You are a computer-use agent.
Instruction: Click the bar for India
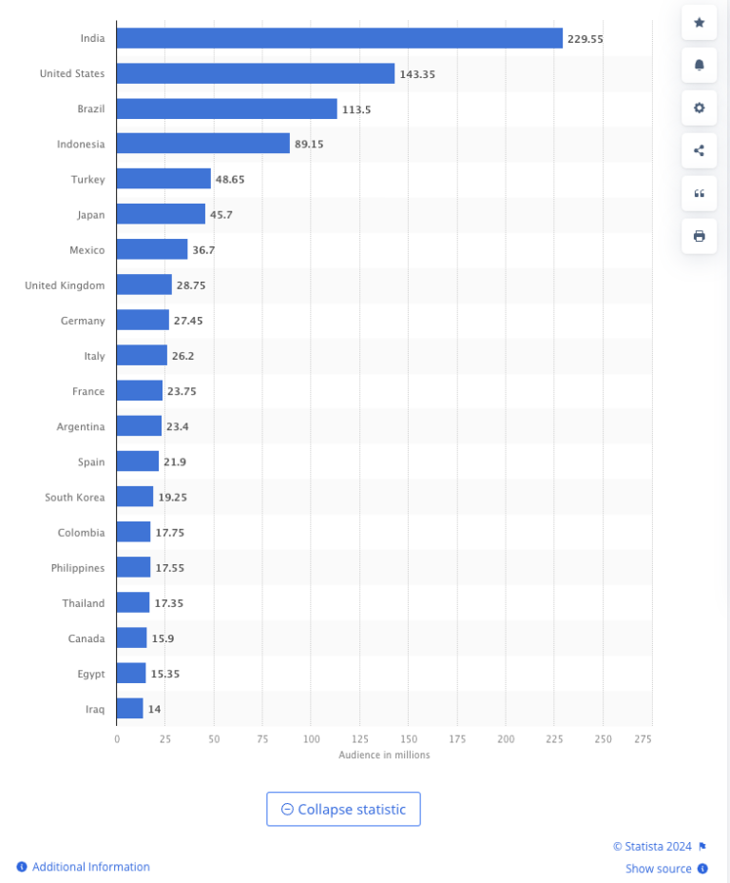339,38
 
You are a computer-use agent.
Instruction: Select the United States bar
255,73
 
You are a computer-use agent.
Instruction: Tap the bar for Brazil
226,108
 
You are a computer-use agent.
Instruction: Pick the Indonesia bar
202,144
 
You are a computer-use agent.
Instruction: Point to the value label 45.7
221,215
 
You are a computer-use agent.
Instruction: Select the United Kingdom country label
65,285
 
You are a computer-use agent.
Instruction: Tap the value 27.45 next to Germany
187,321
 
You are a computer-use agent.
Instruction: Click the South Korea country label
74,497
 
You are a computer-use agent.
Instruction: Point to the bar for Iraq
129,709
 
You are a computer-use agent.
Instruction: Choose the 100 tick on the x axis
311,738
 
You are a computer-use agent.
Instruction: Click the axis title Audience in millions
384,755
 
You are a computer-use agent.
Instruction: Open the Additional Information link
90,867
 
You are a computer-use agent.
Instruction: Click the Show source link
658,869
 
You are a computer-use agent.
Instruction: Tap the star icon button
699,22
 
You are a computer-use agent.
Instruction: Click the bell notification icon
699,65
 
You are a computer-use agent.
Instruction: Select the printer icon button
699,236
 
